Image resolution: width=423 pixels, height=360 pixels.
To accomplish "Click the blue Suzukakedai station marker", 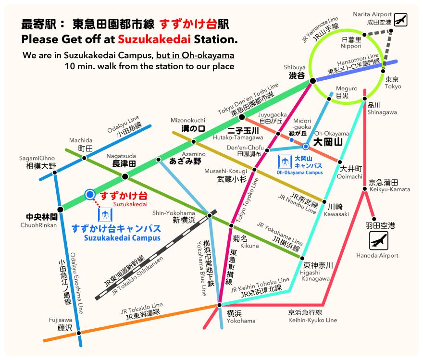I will [x=89, y=194].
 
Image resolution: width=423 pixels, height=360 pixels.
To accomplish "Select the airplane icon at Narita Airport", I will [x=400, y=20].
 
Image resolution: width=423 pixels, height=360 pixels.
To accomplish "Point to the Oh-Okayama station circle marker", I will [x=306, y=146].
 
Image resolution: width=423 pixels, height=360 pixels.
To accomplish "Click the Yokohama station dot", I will [x=219, y=305].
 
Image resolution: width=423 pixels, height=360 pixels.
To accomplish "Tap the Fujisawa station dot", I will [x=79, y=332].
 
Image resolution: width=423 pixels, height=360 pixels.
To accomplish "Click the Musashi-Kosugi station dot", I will [x=255, y=170].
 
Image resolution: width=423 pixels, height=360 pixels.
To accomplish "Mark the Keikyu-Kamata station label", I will [x=389, y=186].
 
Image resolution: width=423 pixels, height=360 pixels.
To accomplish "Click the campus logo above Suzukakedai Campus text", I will [x=105, y=214].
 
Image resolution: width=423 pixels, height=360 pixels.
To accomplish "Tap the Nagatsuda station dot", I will [x=125, y=176].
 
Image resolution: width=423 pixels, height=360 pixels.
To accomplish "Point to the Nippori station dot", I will [x=365, y=35].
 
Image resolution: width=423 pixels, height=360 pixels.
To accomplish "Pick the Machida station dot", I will [x=84, y=158].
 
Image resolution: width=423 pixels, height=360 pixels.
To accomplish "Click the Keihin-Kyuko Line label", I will [x=312, y=316].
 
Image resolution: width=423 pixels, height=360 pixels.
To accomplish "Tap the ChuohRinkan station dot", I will [x=61, y=209].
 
